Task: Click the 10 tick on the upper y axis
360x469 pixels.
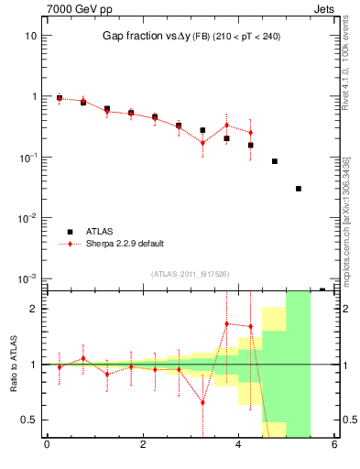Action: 30,36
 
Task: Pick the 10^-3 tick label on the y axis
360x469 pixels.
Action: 27,278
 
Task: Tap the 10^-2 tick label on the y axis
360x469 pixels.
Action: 27,218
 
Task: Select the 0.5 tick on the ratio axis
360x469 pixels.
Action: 27,420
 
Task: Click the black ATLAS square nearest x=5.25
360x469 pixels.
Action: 299,189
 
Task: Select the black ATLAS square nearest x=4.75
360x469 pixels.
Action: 275,161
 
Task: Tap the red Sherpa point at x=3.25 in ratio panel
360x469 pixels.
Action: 202,402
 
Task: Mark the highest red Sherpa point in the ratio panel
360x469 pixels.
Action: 226,323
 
